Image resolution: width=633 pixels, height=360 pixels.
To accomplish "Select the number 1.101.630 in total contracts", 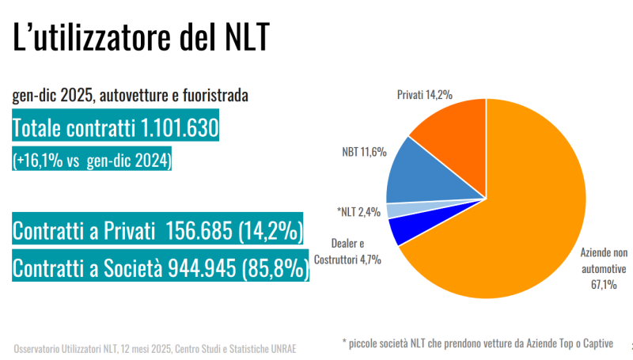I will [178, 128].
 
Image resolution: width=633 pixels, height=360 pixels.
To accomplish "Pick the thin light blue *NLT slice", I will [396, 210].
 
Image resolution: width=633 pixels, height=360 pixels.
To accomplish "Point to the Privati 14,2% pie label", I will [424, 95].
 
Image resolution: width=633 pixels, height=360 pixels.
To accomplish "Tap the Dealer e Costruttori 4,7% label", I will [348, 251].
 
